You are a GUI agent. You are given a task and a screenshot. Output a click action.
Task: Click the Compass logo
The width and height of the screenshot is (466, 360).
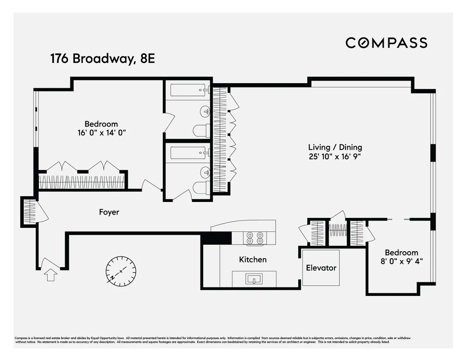click(386, 43)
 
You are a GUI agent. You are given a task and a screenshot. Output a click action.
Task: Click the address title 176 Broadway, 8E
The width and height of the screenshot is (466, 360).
click(103, 59)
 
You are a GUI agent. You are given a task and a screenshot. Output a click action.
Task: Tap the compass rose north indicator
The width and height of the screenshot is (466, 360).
click(121, 271)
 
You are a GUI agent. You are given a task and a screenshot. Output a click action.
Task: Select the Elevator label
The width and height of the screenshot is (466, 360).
click(321, 268)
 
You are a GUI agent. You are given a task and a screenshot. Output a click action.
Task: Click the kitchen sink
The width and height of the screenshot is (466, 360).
click(254, 278)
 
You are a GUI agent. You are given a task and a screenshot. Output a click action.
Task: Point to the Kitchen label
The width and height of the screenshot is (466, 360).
click(253, 259)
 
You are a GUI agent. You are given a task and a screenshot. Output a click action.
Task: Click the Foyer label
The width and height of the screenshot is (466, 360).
click(109, 212)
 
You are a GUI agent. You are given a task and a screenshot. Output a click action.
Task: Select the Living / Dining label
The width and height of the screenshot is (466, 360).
click(335, 147)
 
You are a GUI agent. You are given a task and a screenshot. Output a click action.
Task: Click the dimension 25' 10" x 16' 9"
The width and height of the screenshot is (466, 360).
click(335, 157)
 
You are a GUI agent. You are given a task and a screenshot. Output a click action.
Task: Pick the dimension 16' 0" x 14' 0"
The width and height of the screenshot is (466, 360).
click(101, 133)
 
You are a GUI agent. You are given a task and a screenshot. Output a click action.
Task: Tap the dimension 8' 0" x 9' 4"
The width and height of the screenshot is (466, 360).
click(402, 261)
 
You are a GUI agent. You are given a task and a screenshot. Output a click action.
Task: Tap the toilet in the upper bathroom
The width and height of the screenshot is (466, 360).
click(200, 130)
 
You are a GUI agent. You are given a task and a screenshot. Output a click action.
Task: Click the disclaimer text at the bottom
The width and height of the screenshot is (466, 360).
click(212, 340)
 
